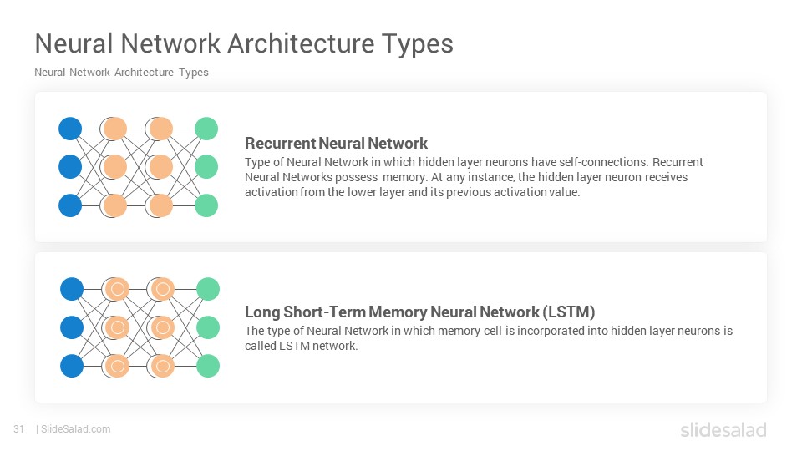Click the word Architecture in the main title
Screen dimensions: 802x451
[302, 43]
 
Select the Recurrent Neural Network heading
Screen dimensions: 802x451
[336, 143]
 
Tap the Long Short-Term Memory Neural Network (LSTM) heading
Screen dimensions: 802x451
[420, 312]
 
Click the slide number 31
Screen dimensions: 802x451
[19, 429]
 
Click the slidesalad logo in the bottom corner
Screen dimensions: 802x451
[723, 429]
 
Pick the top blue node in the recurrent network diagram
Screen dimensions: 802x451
[70, 129]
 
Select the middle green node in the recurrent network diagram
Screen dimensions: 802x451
[206, 167]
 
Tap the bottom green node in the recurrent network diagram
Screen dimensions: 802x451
[206, 205]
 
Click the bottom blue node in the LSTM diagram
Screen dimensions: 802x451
[72, 366]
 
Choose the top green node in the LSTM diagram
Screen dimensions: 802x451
[208, 289]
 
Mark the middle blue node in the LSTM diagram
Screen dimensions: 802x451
[72, 327]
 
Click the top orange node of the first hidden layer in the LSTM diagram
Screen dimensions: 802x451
[117, 289]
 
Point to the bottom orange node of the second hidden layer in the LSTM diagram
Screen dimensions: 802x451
[163, 366]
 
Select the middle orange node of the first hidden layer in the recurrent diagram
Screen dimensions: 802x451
[115, 167]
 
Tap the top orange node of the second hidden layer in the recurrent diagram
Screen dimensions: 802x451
[161, 129]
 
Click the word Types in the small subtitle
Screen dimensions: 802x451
[193, 73]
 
